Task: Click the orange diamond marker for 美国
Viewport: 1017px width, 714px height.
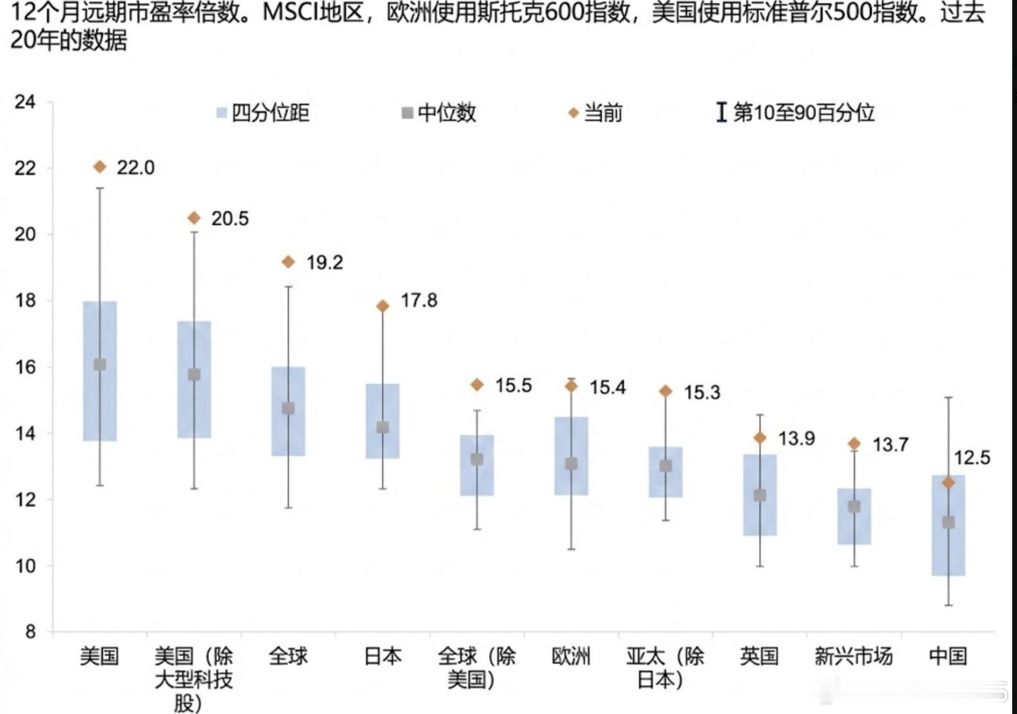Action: [x=100, y=167]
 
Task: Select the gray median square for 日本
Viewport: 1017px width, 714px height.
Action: [x=382, y=427]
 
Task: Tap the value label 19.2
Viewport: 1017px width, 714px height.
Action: [x=325, y=263]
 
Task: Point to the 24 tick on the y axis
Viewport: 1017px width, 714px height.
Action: [x=25, y=102]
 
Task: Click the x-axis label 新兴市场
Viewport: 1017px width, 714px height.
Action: [x=854, y=656]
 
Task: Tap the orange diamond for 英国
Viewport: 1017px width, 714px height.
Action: [x=760, y=438]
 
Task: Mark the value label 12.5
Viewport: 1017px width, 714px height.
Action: [x=972, y=458]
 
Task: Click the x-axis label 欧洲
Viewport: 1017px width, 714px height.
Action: [x=571, y=656]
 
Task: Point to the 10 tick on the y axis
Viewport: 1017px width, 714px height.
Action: [x=25, y=566]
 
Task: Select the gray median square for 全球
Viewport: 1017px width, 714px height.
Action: [x=288, y=408]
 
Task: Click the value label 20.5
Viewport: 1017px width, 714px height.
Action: [x=230, y=219]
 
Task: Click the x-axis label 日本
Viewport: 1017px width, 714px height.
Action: [x=382, y=656]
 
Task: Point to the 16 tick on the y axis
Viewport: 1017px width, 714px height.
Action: [x=25, y=367]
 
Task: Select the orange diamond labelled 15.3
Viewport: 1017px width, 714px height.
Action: [x=665, y=391]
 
